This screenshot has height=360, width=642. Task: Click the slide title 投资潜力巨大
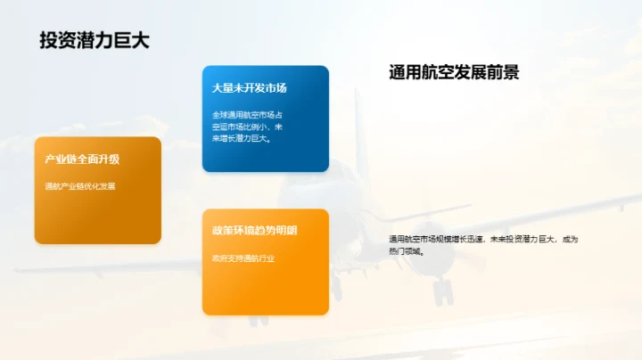(93, 40)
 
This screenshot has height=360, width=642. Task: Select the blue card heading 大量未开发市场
(249, 88)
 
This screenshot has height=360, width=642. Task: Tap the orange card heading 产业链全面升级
(83, 160)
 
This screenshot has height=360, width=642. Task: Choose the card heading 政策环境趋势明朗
(255, 231)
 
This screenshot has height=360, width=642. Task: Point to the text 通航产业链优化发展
(80, 186)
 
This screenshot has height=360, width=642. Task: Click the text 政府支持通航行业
(243, 258)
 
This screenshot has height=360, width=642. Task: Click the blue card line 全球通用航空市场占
(247, 115)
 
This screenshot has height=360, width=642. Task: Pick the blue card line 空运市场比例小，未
(247, 127)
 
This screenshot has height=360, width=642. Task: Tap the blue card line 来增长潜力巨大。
(242, 138)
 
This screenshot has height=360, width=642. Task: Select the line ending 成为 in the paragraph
(483, 239)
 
